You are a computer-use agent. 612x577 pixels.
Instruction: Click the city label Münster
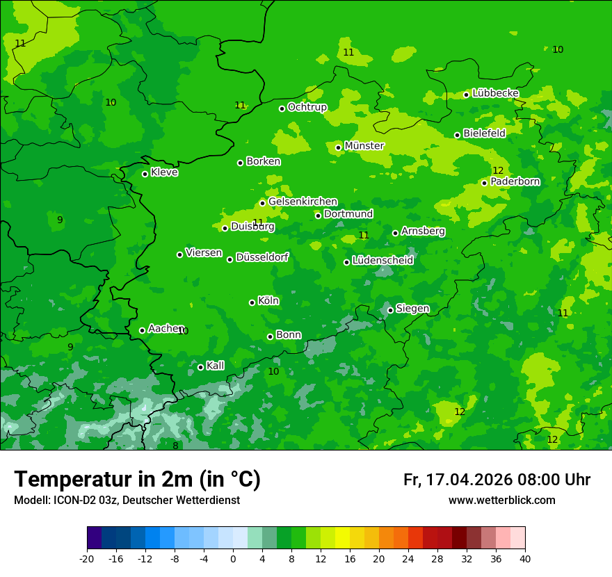click(364, 146)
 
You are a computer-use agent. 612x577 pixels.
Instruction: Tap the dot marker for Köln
click(252, 302)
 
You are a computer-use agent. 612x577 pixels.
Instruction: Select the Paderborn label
click(515, 181)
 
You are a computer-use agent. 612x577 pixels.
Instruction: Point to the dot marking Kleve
click(145, 174)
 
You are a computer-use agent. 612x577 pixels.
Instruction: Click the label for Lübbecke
click(495, 93)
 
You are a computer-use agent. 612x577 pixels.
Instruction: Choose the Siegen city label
click(412, 309)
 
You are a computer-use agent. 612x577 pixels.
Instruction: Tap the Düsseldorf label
click(261, 257)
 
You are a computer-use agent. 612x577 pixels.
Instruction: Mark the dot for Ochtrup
click(282, 108)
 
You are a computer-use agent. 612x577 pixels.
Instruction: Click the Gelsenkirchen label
click(303, 202)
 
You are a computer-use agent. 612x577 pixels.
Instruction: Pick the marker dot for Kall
click(200, 367)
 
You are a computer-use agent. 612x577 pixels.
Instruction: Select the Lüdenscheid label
click(382, 261)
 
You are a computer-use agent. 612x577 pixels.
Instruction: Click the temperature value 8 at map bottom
click(175, 446)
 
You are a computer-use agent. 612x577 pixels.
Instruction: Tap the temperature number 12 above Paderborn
click(498, 170)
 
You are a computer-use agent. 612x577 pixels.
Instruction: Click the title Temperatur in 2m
click(137, 479)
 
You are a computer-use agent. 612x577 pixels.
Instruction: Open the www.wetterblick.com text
click(501, 501)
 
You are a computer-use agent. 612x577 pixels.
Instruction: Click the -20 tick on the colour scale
click(87, 558)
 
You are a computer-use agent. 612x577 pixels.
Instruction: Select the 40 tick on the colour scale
click(524, 558)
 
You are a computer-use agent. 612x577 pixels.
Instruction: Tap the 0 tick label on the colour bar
click(233, 558)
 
